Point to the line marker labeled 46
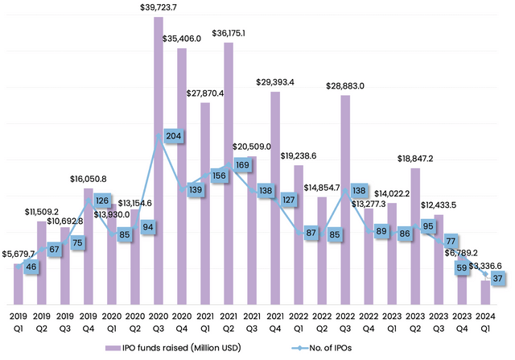tap(31, 266)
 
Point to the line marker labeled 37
tap(498, 278)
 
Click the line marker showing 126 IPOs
tap(101, 200)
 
